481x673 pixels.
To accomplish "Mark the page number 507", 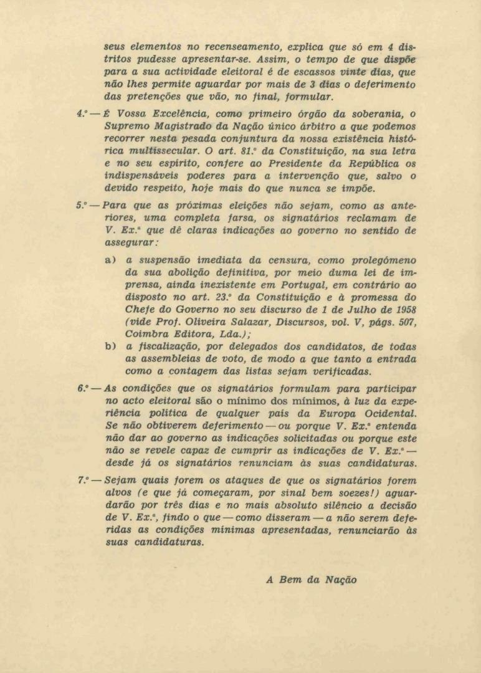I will pos(404,322).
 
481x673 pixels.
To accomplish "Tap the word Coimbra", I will pos(145,335).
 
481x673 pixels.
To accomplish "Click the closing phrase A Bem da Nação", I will pos(311,579).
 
